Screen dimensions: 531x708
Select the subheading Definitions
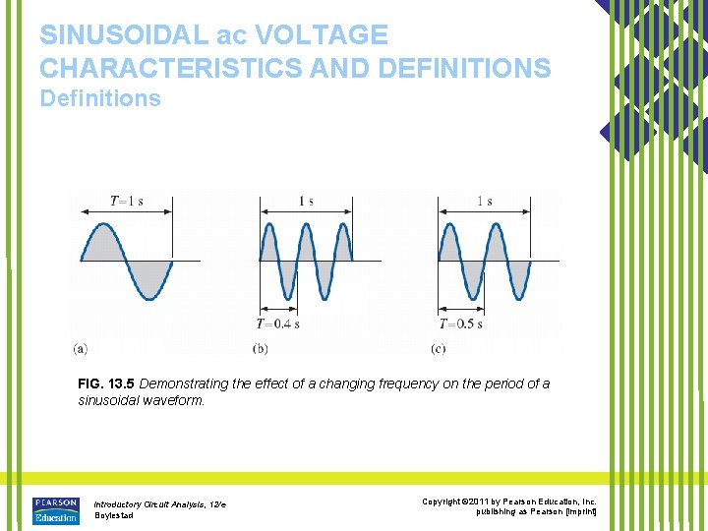point(99,98)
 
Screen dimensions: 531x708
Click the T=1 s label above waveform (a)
point(126,202)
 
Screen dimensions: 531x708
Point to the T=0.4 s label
point(277,324)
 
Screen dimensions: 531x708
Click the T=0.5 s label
point(460,324)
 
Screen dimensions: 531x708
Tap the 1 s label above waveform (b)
point(306,202)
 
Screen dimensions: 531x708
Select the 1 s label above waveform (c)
point(485,202)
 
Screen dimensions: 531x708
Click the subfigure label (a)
point(80,348)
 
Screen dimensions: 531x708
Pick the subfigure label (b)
point(260,348)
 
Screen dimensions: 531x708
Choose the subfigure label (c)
point(439,348)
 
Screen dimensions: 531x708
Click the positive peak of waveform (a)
point(103,226)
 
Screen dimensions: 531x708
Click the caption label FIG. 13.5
point(106,383)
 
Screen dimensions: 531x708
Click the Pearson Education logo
point(55,509)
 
